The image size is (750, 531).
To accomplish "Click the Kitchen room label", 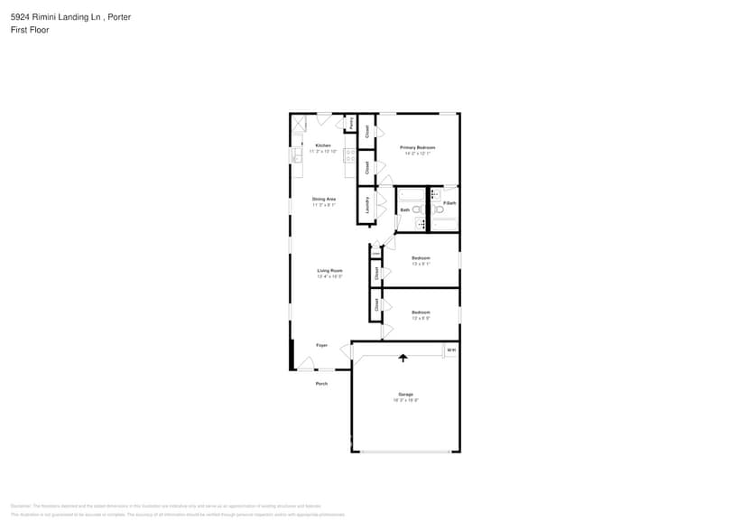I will tap(322, 145).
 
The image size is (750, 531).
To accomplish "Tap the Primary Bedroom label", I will tap(418, 147).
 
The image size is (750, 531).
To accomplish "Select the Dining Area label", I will tap(324, 199).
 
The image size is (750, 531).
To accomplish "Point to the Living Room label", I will tap(329, 271).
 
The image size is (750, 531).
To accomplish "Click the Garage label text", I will tap(405, 395).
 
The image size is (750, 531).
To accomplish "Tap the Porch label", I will tap(321, 384).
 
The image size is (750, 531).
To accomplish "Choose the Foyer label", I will tap(321, 345).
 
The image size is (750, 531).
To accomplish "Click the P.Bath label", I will tap(449, 203).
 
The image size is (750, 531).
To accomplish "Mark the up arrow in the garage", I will tap(403, 358).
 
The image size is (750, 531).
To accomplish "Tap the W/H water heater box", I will tap(451, 349).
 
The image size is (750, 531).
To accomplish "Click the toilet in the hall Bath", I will tap(417, 210).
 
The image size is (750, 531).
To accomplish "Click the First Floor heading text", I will tap(30, 30).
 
